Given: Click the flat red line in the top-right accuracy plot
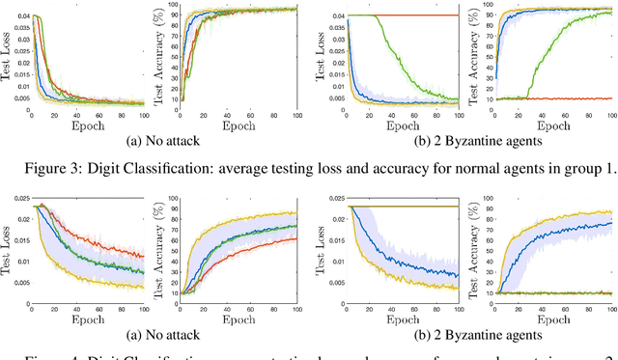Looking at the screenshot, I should coord(550,98).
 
